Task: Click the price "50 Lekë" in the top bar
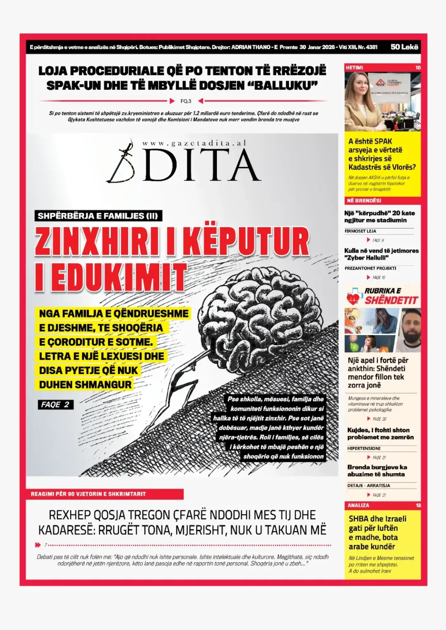point(404,47)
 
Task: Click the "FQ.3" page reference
point(186,101)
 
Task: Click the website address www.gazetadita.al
point(194,143)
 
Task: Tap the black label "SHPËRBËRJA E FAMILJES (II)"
point(98,216)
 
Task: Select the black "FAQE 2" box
point(55,405)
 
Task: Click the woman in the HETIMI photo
point(360,103)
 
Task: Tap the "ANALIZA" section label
point(359,505)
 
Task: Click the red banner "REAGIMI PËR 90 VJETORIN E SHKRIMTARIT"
point(89,494)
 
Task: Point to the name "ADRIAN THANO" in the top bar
point(251,47)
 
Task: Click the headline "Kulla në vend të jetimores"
point(381,250)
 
